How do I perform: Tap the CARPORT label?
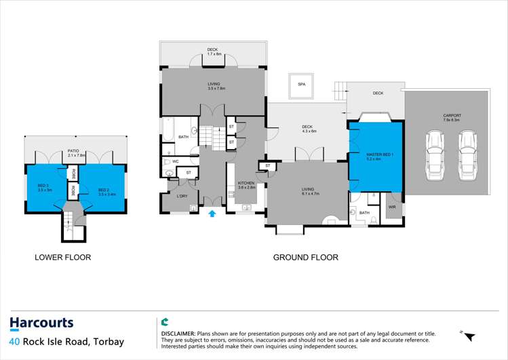[453, 116]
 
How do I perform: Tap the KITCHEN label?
[246, 183]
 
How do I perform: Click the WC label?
[175, 161]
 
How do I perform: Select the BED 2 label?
[106, 190]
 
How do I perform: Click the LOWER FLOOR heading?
[62, 258]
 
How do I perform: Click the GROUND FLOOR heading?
[305, 258]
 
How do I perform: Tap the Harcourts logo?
[41, 323]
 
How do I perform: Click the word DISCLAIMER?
[178, 335]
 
